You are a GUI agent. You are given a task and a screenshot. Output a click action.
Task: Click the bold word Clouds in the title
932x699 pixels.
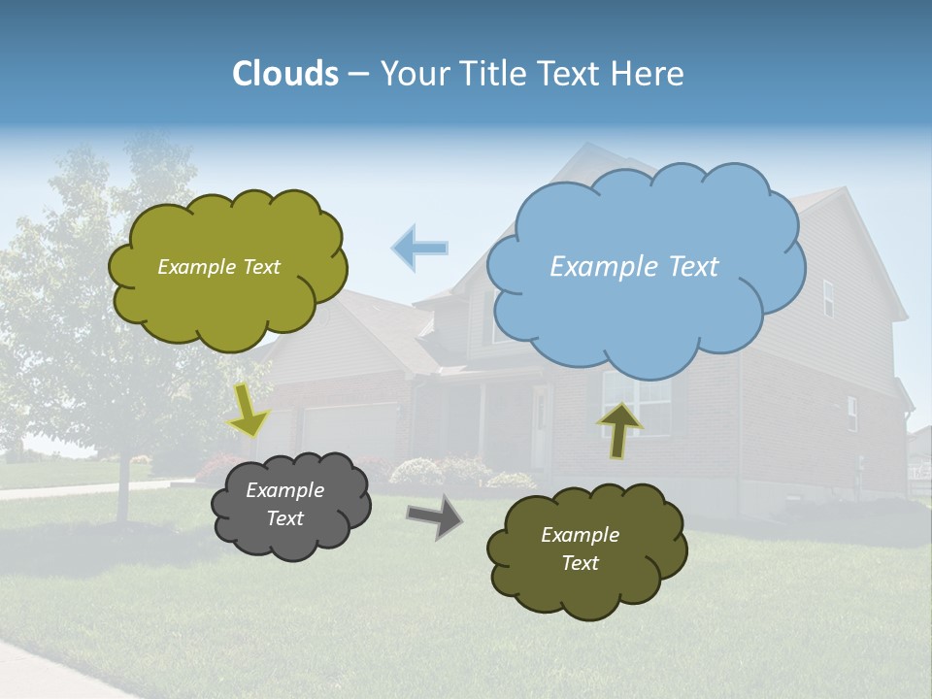pos(285,74)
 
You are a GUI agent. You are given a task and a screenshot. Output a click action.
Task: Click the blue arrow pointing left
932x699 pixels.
pos(420,248)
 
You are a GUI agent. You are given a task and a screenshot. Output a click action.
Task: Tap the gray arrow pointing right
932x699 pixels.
pos(434,516)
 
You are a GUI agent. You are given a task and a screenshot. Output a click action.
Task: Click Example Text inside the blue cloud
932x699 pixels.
pos(634,267)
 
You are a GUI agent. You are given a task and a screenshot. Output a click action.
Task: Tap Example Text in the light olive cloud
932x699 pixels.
pos(218,267)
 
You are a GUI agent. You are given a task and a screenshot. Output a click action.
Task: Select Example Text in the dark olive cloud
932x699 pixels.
pos(580,549)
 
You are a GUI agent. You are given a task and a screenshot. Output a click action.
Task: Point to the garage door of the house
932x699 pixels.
pos(349,432)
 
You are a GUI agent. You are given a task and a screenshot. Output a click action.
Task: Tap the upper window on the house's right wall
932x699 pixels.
pos(828,298)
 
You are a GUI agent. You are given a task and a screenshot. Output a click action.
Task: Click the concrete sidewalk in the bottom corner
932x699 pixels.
pos(49,670)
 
